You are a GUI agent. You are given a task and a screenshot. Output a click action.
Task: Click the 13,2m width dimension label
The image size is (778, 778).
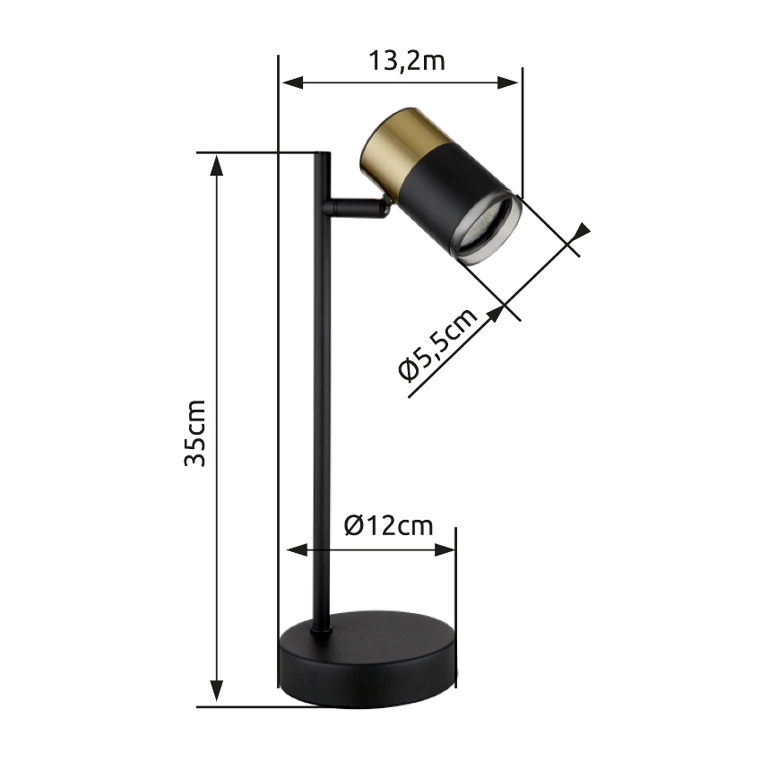(x=406, y=61)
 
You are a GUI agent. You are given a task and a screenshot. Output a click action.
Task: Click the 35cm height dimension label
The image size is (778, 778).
(x=195, y=432)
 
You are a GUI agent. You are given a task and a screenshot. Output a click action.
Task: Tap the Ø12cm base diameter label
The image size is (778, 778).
(x=387, y=525)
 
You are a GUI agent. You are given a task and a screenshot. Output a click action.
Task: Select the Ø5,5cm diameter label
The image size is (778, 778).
(x=437, y=345)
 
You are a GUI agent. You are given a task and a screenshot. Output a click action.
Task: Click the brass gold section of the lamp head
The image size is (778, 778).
(x=393, y=143)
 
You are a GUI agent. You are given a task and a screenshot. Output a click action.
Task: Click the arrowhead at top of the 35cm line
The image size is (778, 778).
(x=216, y=164)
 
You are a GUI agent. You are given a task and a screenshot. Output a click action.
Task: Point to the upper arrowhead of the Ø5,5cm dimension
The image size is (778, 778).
(x=582, y=233)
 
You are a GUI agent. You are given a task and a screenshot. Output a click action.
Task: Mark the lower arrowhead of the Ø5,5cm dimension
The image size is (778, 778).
(x=494, y=316)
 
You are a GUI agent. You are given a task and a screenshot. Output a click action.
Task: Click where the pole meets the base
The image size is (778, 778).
(x=322, y=628)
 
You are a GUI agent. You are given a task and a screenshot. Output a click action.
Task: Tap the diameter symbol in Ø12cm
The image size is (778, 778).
(x=353, y=525)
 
